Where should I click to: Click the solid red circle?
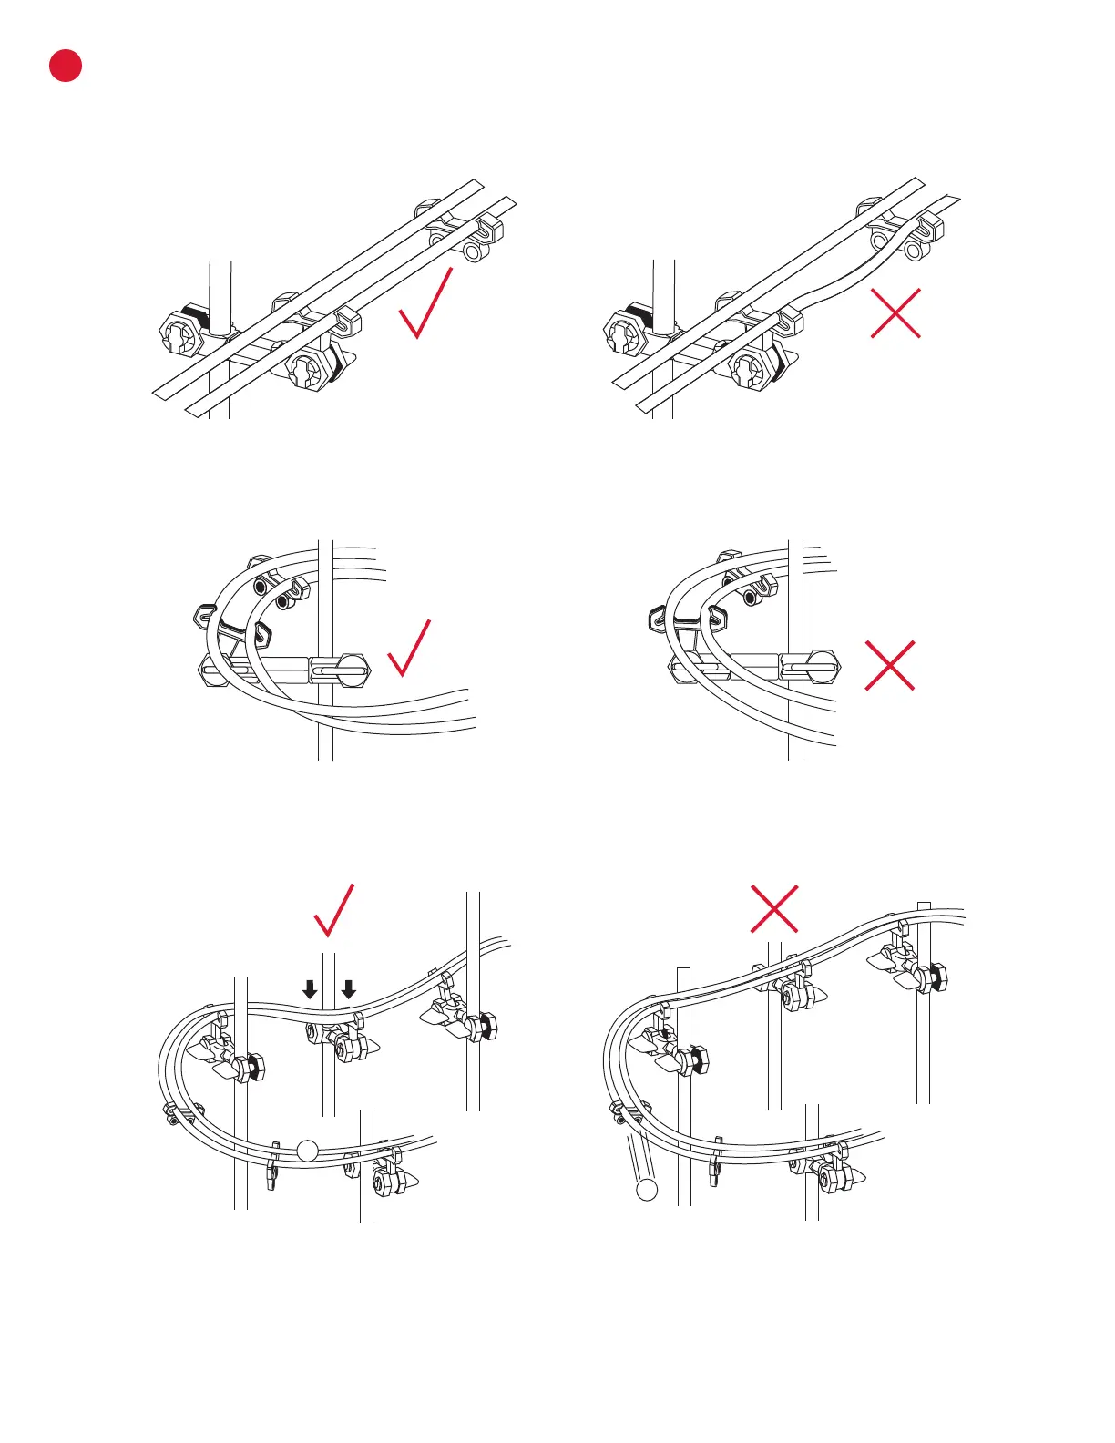[x=66, y=66]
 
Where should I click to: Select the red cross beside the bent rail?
[x=895, y=312]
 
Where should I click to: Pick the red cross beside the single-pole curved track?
[x=889, y=665]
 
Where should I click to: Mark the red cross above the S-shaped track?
[x=774, y=908]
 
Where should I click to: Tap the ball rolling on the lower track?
[x=308, y=1151]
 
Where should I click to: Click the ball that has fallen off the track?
[x=647, y=1189]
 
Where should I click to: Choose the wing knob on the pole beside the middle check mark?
[x=341, y=671]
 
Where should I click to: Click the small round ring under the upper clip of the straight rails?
[x=472, y=251]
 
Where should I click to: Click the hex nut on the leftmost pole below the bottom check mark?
[x=251, y=1066]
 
